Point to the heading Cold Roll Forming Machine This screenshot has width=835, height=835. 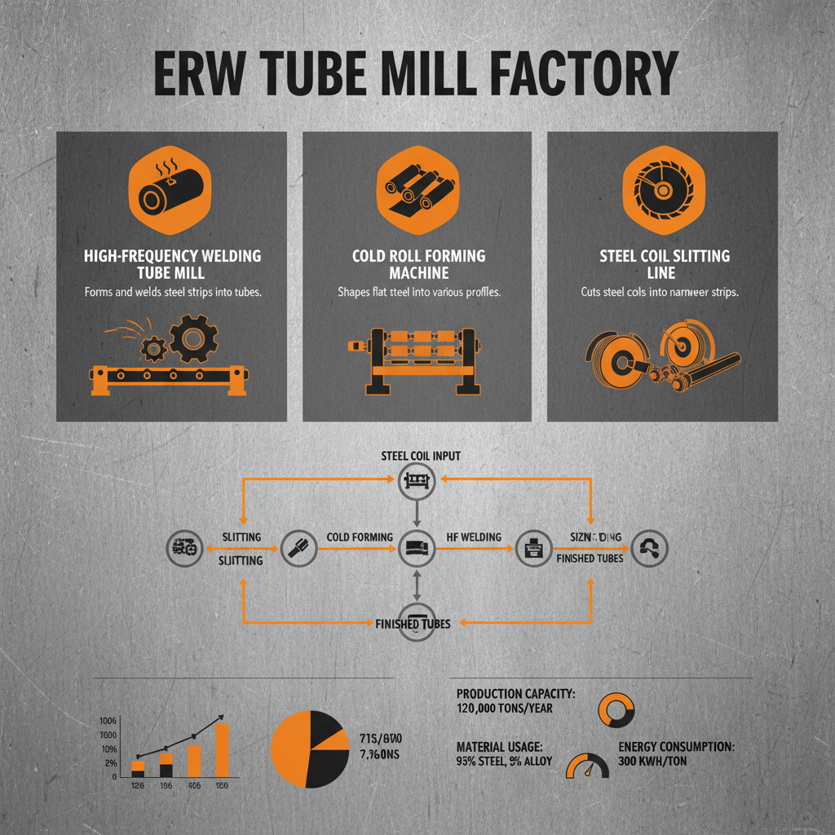418,264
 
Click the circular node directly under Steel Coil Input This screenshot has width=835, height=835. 416,482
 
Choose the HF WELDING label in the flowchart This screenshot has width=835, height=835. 474,537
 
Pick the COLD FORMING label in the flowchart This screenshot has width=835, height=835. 360,537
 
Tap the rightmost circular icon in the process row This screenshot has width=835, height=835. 651,549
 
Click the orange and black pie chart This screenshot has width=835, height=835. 307,749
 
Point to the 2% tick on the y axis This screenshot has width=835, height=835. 109,763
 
